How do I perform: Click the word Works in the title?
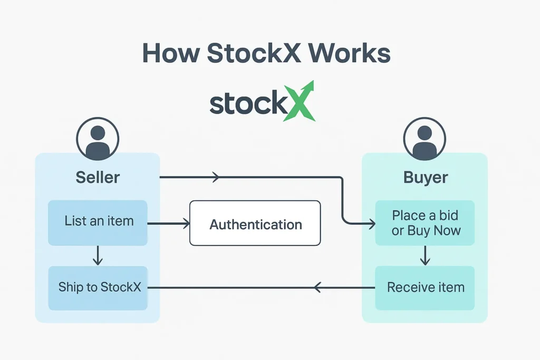click(x=350, y=54)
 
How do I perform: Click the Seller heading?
click(x=98, y=177)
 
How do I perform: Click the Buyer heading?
click(x=426, y=177)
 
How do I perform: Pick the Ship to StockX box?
click(x=98, y=288)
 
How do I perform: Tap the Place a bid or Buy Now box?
click(x=425, y=223)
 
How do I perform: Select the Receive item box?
click(x=425, y=288)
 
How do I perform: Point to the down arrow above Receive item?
click(x=425, y=257)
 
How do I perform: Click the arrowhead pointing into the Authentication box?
click(x=185, y=224)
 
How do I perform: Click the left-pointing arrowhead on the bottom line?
click(x=317, y=288)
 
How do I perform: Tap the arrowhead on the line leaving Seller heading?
click(x=216, y=178)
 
